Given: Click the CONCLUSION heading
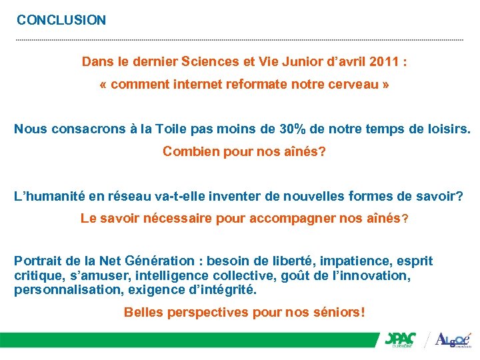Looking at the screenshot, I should (x=61, y=20).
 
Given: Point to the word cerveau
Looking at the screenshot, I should (x=349, y=86).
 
